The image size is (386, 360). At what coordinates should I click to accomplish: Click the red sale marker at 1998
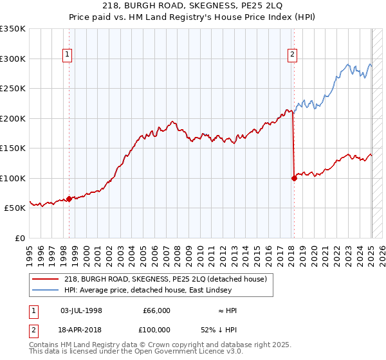click(69, 199)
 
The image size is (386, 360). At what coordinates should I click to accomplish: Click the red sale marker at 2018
click(294, 178)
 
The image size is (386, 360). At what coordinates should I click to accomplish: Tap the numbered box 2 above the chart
click(292, 55)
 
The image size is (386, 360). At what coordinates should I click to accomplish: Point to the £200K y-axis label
click(13, 118)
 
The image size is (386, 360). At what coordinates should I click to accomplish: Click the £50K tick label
click(15, 208)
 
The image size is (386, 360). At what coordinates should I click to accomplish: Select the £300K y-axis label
click(13, 59)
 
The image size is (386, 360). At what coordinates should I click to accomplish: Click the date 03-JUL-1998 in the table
click(81, 310)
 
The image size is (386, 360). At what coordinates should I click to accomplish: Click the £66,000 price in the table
click(156, 310)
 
